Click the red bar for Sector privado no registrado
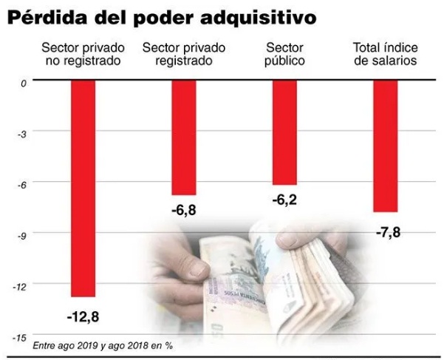tap(83, 189)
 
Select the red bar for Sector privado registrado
tap(184, 137)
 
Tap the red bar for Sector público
tap(284, 132)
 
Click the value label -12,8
tap(83, 316)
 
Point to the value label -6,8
tap(184, 211)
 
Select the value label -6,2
tap(284, 200)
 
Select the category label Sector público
tap(284, 54)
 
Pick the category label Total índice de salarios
tap(385, 54)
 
